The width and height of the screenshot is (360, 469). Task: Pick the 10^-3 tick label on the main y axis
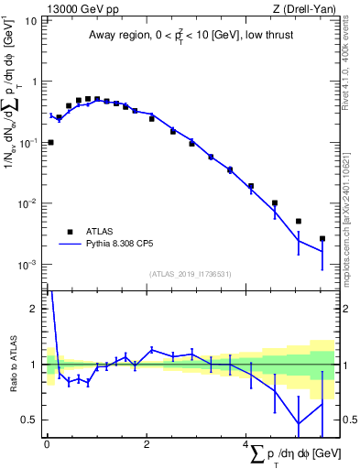click(27, 265)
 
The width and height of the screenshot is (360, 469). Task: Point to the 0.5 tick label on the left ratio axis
click(29, 420)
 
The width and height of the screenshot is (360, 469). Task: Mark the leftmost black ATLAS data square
click(50, 142)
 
